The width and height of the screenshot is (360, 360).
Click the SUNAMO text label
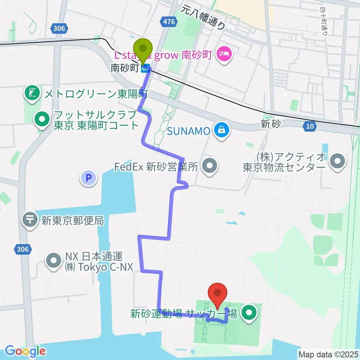click(188, 131)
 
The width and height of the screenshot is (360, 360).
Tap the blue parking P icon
click(89, 178)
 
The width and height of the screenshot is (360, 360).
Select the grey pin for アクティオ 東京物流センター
click(337, 162)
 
